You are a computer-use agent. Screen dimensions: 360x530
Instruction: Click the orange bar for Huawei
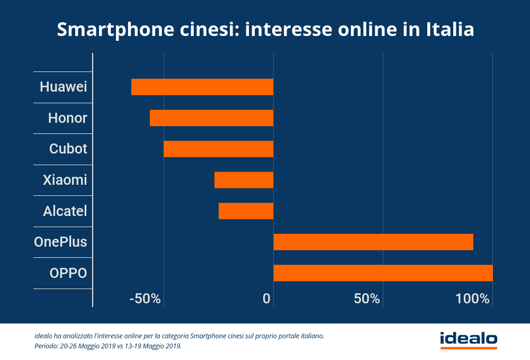(x=202, y=87)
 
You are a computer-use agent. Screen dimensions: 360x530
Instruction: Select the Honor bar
(x=211, y=118)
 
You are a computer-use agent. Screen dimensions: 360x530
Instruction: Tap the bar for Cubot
(x=218, y=149)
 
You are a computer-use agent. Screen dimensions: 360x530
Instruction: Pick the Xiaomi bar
(x=244, y=180)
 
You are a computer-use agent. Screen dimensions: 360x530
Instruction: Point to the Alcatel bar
(x=246, y=211)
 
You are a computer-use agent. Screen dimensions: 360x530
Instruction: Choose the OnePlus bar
(x=373, y=242)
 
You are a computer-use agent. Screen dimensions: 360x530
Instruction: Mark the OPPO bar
(x=383, y=273)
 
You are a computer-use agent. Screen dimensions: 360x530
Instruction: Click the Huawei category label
(x=64, y=87)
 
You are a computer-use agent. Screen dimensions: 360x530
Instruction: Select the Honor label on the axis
(x=67, y=118)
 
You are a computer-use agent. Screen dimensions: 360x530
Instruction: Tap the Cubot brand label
(x=68, y=149)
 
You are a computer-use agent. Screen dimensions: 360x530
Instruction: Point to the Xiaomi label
(x=65, y=180)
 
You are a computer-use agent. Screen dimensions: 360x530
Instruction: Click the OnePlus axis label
(x=60, y=242)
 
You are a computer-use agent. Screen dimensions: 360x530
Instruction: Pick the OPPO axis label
(x=68, y=273)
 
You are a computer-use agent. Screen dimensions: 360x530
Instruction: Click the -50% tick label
(x=145, y=299)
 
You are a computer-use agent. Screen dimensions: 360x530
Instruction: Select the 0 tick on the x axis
(x=267, y=299)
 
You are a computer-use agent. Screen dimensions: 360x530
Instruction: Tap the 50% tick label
(x=367, y=299)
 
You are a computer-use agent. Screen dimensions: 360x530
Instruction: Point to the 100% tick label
(x=472, y=299)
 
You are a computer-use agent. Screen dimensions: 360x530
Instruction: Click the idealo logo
(x=469, y=339)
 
